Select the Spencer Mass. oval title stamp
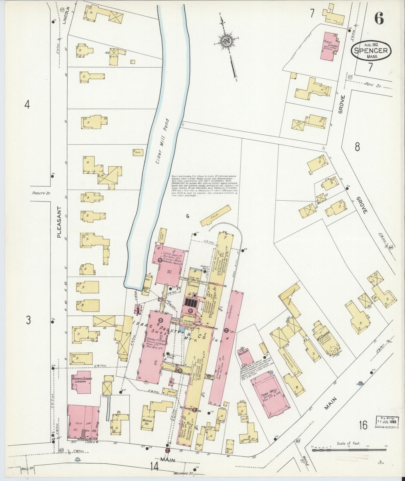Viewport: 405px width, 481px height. point(371,51)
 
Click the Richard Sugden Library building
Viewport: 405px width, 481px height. point(82,382)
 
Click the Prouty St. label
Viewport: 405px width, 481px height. point(40,193)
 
